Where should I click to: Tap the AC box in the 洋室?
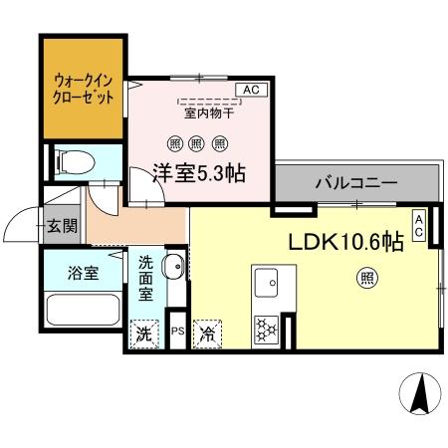pos(250,91)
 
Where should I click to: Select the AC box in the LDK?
pos(419,225)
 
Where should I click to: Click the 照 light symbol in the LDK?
pos(367,280)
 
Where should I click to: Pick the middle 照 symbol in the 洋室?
pos(199,141)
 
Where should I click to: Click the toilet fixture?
pos(72,161)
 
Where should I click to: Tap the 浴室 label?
pos(83,271)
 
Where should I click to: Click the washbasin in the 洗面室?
pos(172,267)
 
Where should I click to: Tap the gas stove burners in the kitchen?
pos(267,330)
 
